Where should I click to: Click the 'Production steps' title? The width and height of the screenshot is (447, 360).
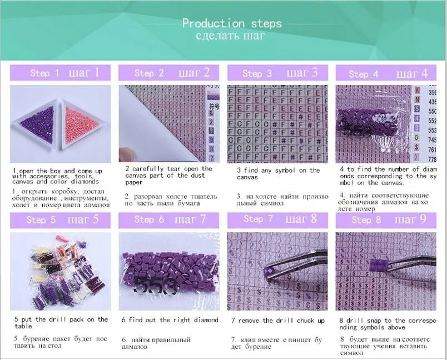pos(232,23)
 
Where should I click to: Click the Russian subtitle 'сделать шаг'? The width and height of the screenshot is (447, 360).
pos(230,37)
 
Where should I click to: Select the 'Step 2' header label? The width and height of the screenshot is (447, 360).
pos(149,73)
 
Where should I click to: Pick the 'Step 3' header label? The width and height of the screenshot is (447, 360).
pos(257,73)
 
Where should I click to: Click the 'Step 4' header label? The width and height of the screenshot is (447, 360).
pos(364,74)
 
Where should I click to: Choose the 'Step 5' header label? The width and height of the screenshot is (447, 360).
pos(41,219)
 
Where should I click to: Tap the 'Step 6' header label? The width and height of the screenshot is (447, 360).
pos(149,219)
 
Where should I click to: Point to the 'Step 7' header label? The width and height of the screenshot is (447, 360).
pos(259,219)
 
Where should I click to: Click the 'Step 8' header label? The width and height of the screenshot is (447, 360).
pos(365,219)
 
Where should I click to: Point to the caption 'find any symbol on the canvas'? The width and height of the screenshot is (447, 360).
pos(278,174)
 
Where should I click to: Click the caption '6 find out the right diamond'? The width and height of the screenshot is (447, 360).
pos(170,320)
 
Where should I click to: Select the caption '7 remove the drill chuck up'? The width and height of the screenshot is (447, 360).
pos(278,321)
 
